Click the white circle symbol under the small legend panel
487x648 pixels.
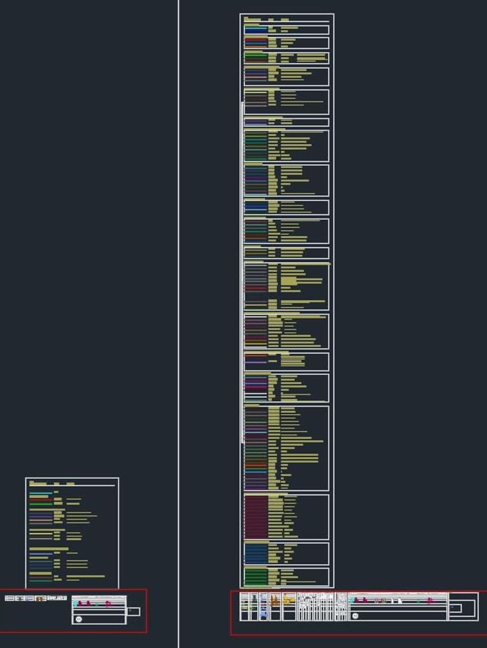tap(79, 619)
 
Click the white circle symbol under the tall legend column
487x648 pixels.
tap(355, 616)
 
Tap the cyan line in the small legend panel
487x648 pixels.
tap(41, 493)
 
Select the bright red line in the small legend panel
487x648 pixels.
tap(41, 500)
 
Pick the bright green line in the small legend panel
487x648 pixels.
tap(41, 503)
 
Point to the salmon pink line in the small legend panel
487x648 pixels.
tap(41, 520)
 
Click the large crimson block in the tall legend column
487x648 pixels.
tap(256, 516)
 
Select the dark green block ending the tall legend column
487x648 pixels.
tap(256, 576)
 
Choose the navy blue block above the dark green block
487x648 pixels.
tap(256, 554)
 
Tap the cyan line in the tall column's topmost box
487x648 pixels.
tap(256, 27)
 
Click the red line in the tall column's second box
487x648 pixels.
tap(256, 40)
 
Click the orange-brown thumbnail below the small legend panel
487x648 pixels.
tap(41, 598)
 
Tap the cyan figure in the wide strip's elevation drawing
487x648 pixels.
tap(352, 600)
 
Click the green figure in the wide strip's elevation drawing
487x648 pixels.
tap(418, 601)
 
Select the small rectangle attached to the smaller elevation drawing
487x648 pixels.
tap(133, 611)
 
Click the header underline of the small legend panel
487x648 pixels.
tap(72, 486)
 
